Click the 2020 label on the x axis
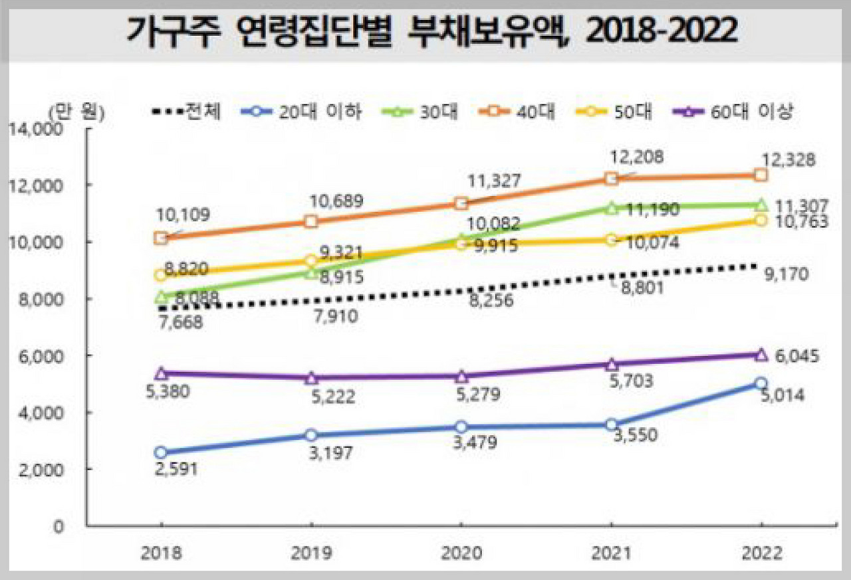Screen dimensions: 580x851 tap(461, 553)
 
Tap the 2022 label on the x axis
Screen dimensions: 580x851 tap(761, 553)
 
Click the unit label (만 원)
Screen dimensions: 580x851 tap(76, 111)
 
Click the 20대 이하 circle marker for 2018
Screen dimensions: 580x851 tap(160, 452)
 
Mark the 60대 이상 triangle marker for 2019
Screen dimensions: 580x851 tap(311, 378)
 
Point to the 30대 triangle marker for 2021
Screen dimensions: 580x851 tap(612, 208)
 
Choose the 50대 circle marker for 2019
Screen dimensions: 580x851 tap(311, 260)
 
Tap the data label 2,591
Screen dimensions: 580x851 tap(176, 468)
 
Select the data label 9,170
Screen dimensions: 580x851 tap(786, 273)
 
